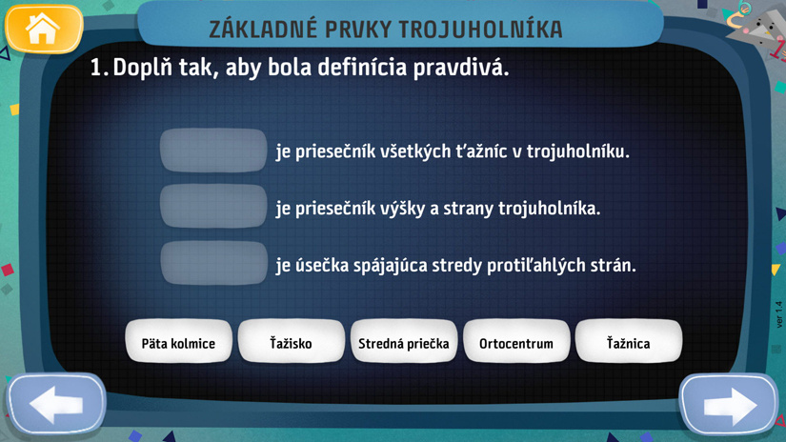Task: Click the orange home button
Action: [44, 29]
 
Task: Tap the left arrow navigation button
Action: [56, 404]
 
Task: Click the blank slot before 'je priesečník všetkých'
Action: [213, 151]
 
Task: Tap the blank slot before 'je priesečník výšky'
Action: [213, 207]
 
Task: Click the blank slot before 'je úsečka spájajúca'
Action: [213, 263]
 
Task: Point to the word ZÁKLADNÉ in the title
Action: [263, 30]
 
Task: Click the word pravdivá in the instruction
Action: [461, 68]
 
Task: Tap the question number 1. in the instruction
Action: [99, 68]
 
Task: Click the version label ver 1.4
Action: [778, 314]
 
